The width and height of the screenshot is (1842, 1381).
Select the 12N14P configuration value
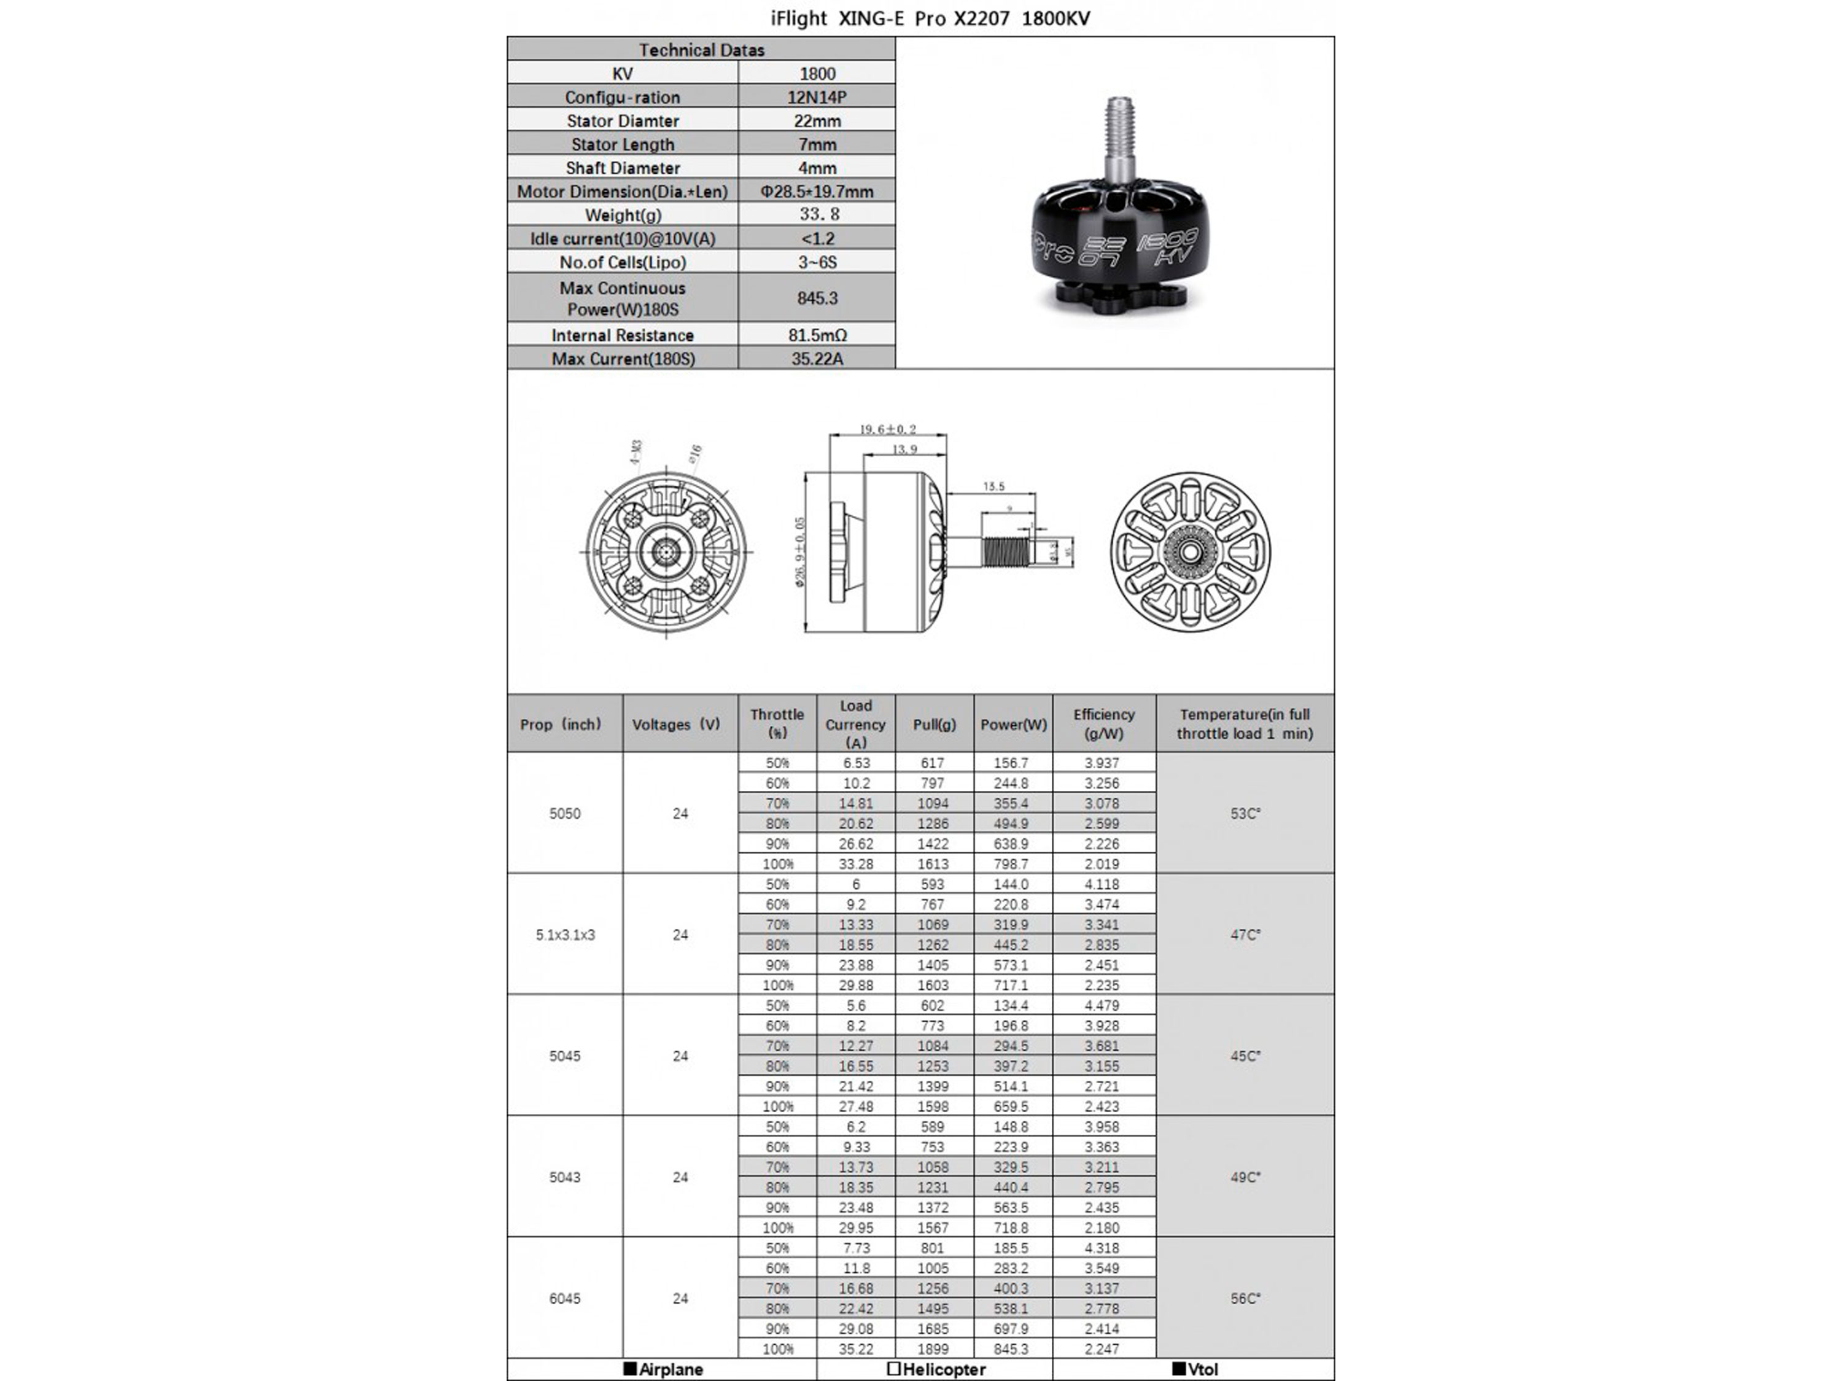816,96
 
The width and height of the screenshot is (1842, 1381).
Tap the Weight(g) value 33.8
816,214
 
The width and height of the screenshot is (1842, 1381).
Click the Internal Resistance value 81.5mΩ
816,335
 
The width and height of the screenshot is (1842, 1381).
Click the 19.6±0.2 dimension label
888,429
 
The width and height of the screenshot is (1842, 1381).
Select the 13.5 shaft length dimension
993,486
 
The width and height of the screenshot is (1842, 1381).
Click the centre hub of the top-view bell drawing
1190,551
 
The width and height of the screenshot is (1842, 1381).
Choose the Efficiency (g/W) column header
1103,724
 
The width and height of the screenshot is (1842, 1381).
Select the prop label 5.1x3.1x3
565,935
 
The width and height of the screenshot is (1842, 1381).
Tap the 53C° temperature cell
1245,814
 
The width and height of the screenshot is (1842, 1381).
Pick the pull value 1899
933,1348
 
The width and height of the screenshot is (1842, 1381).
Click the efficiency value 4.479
1102,1005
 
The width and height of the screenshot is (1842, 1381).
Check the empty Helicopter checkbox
893,1369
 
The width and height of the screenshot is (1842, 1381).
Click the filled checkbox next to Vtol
1178,1369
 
